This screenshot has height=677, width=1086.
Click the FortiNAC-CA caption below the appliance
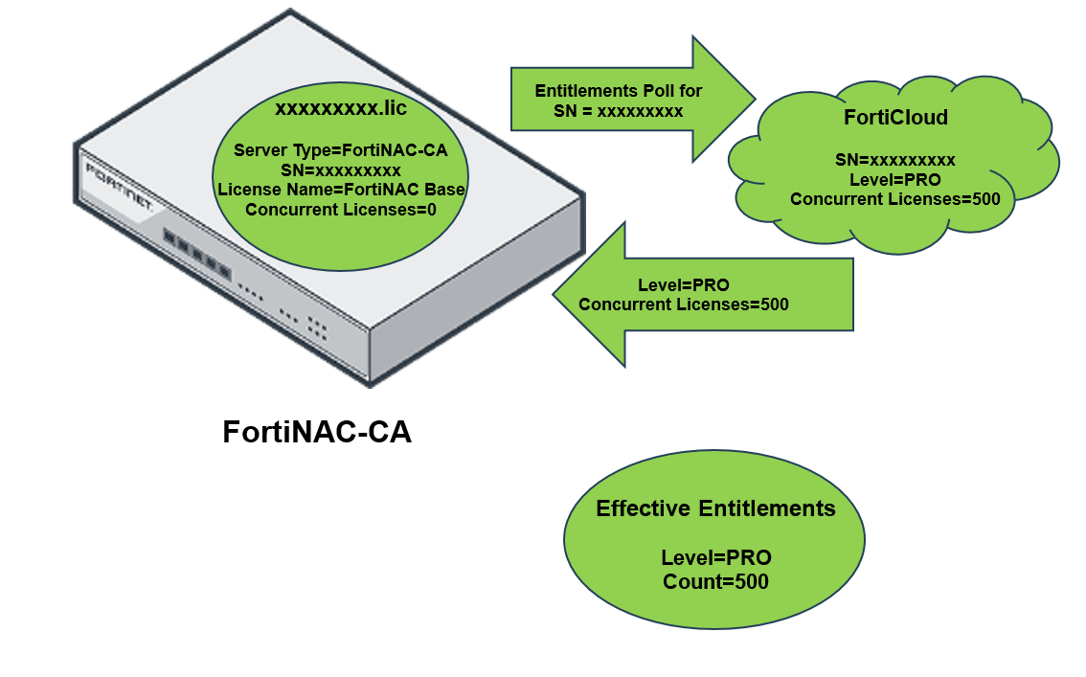(317, 432)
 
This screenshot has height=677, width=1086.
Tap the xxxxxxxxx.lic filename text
(341, 108)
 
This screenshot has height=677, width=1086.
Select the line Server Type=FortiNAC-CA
(341, 150)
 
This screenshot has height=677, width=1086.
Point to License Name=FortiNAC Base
(341, 190)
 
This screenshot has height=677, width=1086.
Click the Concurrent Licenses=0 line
(341, 210)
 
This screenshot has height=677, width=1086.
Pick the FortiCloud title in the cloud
(895, 118)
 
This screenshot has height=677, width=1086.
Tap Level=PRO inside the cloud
(895, 179)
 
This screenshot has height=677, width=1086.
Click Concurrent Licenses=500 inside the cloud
(895, 199)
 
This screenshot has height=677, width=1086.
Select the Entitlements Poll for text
(619, 91)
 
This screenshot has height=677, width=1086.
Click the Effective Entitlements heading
(715, 508)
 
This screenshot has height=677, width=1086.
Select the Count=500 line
(715, 581)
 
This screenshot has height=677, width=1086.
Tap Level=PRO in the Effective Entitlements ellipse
(715, 558)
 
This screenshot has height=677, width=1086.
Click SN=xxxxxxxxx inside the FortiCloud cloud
(895, 160)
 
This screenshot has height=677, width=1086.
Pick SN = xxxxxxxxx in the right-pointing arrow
(619, 111)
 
